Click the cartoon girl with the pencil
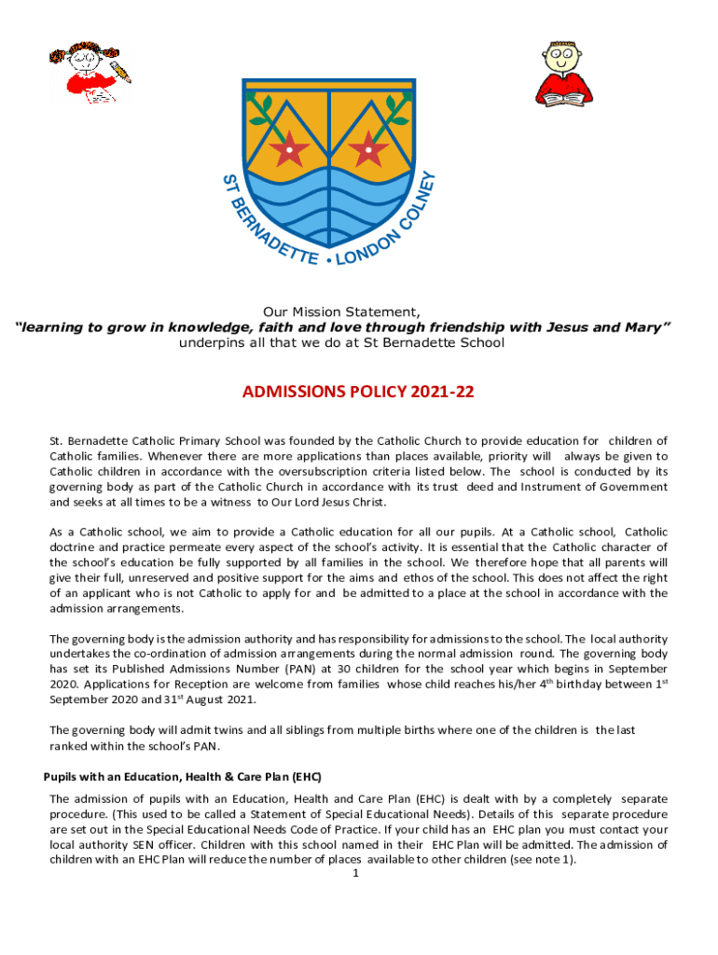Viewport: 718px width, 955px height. (90, 73)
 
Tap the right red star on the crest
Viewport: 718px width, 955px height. (370, 147)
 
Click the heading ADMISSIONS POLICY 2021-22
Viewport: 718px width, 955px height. (358, 393)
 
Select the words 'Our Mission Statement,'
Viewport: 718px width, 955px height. (340, 312)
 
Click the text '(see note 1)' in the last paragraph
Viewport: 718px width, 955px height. (544, 859)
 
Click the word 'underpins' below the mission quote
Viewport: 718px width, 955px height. (206, 342)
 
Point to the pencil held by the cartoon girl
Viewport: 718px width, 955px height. (120, 71)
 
